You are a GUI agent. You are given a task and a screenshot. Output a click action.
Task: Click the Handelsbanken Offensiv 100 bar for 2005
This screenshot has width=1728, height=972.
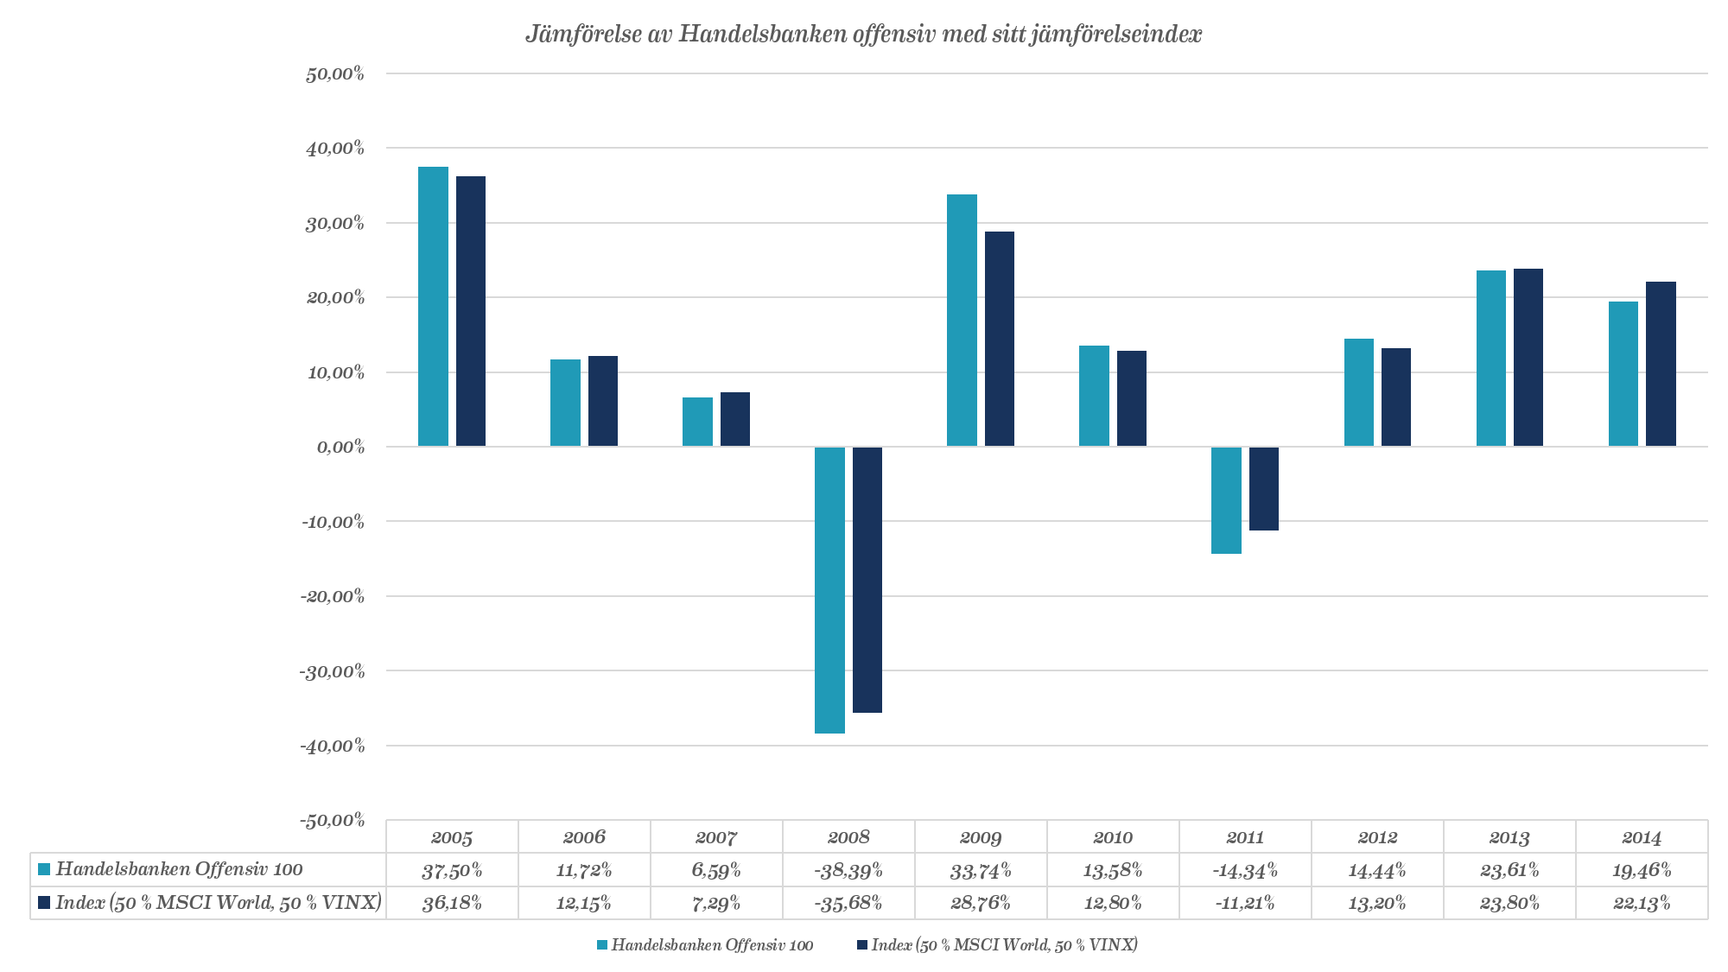(433, 307)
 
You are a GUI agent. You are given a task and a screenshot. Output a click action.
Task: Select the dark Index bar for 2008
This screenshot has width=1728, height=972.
(867, 579)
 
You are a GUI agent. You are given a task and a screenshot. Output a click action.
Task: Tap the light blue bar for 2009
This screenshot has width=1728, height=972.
(962, 321)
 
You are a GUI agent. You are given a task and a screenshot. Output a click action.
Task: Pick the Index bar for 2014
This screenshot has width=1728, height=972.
(1661, 364)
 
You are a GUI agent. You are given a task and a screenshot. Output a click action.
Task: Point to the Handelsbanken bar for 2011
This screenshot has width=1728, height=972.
(1226, 499)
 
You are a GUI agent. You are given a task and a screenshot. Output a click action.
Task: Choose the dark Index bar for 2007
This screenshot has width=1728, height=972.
(735, 419)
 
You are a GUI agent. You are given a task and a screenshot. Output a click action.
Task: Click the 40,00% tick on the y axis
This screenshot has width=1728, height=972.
(335, 148)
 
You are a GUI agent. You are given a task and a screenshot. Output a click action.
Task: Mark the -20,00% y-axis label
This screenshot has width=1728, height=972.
(334, 596)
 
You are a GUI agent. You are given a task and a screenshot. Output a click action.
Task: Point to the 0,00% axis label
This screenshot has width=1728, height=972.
(340, 447)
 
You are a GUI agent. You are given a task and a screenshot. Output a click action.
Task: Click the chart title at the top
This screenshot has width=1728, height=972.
(863, 34)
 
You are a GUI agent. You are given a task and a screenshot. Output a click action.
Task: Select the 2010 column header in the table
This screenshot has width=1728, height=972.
(1113, 836)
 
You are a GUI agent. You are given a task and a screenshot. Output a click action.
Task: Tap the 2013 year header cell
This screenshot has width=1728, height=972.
(1509, 836)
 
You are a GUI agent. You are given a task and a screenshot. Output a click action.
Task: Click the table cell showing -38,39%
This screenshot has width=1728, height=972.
(848, 870)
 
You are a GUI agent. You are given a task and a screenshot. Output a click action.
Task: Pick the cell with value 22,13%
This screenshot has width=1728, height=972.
(1642, 903)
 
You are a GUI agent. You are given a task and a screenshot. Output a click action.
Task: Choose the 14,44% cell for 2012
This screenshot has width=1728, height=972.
(1377, 870)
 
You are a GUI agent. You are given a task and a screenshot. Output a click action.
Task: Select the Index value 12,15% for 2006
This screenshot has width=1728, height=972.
(584, 903)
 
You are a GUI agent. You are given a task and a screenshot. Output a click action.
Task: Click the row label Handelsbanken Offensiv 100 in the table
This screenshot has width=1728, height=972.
(179, 869)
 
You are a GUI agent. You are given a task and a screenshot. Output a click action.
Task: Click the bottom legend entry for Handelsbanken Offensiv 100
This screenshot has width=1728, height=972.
(711, 944)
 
